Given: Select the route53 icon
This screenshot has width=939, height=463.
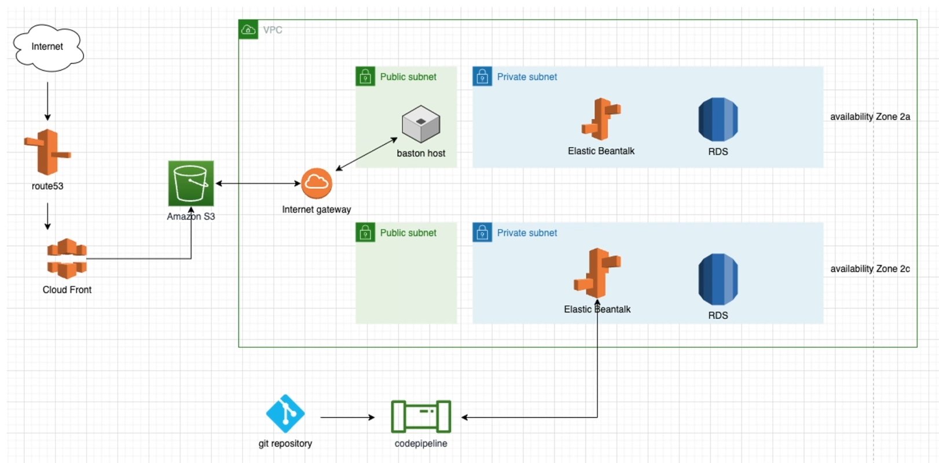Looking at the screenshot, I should (47, 152).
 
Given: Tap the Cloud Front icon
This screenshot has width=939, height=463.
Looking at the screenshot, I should (67, 259).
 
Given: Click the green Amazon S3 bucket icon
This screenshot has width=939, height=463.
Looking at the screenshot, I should (191, 183).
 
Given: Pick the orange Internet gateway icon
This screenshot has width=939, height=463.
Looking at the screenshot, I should (317, 183).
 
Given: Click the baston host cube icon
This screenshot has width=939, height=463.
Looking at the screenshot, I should (421, 124).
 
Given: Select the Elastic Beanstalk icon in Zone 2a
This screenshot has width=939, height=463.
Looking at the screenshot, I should (601, 119).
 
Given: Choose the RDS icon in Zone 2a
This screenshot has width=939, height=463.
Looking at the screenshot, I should (718, 120).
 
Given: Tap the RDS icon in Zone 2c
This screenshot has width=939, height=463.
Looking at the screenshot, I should (718, 279).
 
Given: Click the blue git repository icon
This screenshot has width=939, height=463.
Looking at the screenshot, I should (285, 414).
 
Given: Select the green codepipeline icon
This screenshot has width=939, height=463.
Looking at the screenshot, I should (421, 417).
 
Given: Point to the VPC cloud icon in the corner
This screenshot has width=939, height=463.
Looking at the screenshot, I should (248, 30).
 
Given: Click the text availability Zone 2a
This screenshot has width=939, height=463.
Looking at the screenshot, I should (870, 117).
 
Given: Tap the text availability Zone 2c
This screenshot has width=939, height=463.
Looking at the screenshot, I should (870, 269).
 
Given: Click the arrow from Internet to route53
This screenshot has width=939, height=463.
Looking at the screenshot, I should (47, 101).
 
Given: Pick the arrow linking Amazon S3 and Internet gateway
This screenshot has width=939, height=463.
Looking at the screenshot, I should (258, 183).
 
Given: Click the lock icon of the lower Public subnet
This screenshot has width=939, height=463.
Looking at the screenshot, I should (365, 233).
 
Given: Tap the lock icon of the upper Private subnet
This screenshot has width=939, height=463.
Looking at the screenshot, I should (482, 76).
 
